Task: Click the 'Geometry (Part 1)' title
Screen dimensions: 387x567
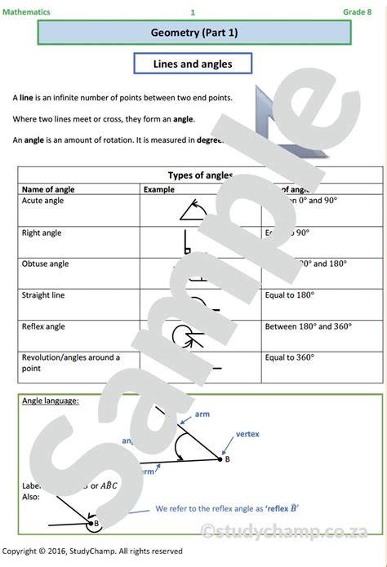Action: click(x=194, y=33)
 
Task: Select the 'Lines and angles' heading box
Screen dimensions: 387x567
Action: click(x=193, y=64)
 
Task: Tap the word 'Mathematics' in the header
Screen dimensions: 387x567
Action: click(x=26, y=12)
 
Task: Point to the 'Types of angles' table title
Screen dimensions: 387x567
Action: click(x=199, y=175)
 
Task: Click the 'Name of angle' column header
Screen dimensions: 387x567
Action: click(x=48, y=189)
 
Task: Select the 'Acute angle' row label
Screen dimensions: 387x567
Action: click(x=42, y=201)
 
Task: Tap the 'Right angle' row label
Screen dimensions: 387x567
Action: click(x=42, y=233)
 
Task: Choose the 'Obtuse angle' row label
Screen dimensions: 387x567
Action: click(x=46, y=264)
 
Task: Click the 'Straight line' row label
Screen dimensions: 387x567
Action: click(x=43, y=295)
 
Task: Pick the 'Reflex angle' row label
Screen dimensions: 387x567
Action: click(x=43, y=326)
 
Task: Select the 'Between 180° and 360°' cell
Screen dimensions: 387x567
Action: click(x=309, y=326)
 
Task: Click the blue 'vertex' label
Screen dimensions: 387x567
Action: click(x=247, y=434)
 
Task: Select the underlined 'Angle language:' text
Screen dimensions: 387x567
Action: click(x=51, y=401)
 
